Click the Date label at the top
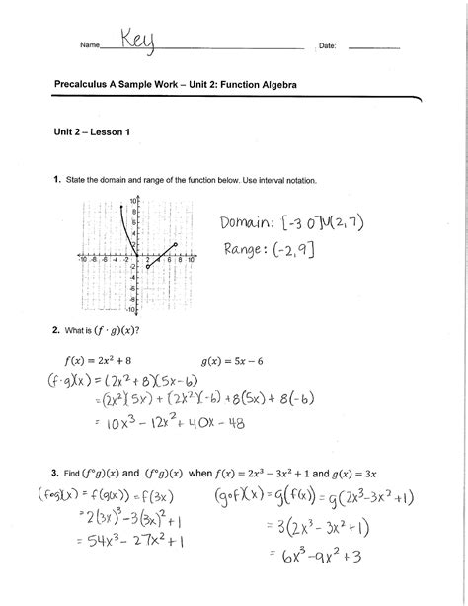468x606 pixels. tap(330, 47)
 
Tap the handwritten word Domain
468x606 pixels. tap(246, 223)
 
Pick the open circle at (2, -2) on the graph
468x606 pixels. tap(146, 267)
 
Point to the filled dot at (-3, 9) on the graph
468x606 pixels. tap(122, 206)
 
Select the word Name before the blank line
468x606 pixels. tap(90, 47)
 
